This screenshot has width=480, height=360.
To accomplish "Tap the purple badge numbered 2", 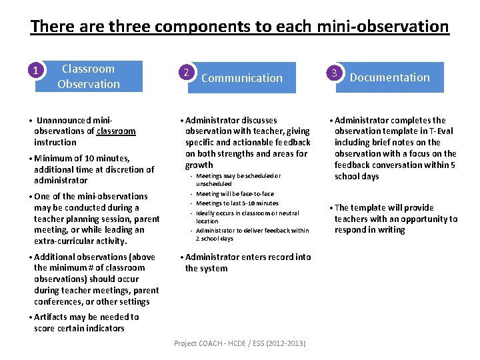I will point(188,72).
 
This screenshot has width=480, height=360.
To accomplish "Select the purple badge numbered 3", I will point(335,71).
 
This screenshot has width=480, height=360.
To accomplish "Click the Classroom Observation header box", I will point(89,77).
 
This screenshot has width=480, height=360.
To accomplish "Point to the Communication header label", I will point(242,78).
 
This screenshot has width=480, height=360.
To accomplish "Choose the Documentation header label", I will point(390,77).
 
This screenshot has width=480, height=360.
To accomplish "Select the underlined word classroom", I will point(116,131).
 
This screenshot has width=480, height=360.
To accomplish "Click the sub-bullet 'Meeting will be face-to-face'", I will point(235,194).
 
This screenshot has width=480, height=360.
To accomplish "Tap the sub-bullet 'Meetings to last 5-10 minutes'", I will point(237,203).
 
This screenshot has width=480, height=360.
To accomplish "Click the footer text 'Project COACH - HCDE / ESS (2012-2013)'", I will point(240,343).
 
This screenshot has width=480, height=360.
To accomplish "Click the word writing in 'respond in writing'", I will point(390,230).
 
